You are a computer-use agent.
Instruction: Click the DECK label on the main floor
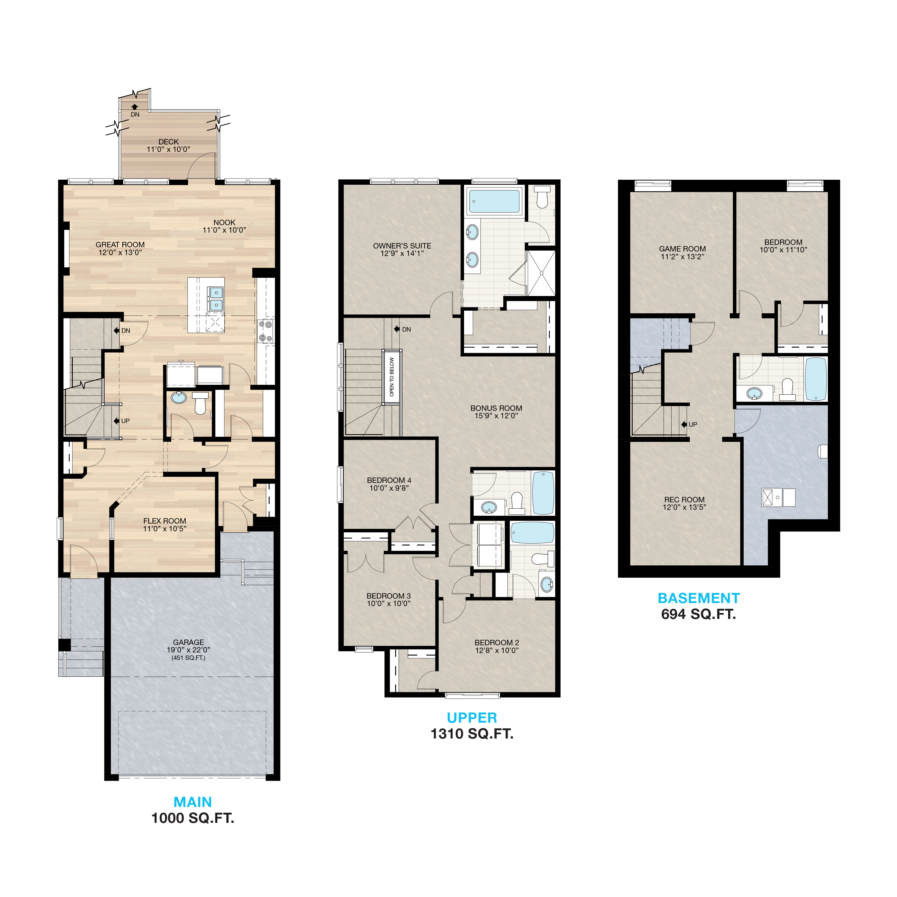(x=169, y=142)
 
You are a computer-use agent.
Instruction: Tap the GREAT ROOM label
(x=120, y=245)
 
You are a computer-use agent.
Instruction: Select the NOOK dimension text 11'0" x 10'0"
(x=224, y=230)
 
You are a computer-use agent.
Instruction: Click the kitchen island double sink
(x=216, y=298)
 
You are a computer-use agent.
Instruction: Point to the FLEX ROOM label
(x=165, y=521)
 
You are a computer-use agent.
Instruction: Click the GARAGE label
(x=188, y=643)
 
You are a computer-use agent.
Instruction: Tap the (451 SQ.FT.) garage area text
(x=188, y=658)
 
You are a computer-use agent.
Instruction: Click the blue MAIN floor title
(x=193, y=802)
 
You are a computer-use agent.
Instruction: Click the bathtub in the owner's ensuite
(x=495, y=201)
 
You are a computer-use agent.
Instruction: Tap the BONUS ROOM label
(x=496, y=408)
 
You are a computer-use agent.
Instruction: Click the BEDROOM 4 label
(x=389, y=480)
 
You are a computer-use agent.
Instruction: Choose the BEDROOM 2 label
(x=497, y=643)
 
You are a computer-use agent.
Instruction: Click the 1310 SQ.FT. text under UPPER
(x=472, y=734)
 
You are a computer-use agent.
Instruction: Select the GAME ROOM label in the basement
(x=683, y=249)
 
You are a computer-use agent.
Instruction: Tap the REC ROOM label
(x=684, y=500)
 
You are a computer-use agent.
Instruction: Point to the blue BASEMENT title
(x=699, y=598)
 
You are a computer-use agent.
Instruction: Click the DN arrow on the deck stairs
(x=135, y=107)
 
